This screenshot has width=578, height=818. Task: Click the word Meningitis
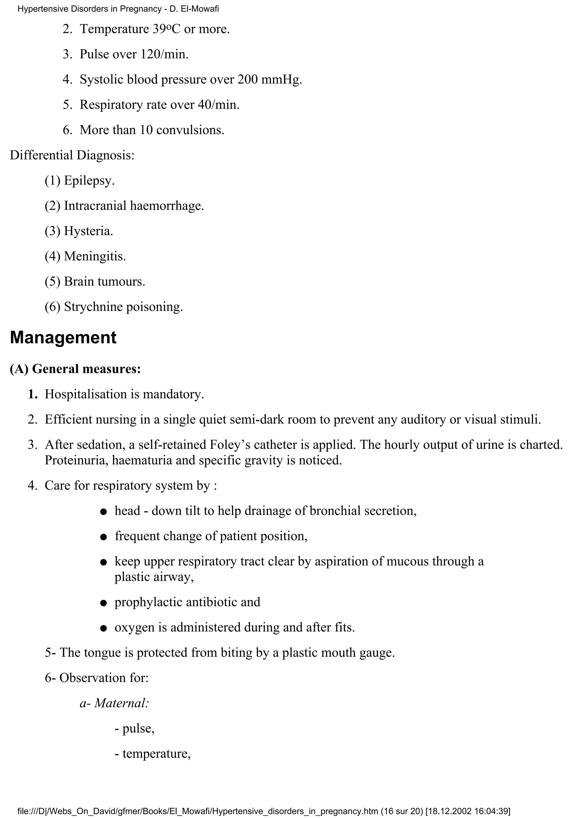[x=94, y=256]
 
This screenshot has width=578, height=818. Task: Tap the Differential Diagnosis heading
[x=72, y=155]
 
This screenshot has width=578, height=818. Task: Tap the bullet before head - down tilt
[x=104, y=512]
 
